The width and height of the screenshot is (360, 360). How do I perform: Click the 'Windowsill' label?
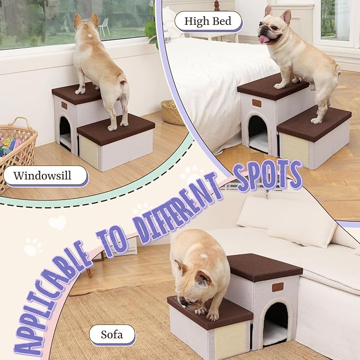(45, 175)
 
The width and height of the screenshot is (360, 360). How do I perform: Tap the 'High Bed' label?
(207, 21)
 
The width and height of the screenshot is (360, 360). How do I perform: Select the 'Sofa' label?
(111, 335)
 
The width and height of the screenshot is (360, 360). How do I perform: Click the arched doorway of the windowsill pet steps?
(65, 133)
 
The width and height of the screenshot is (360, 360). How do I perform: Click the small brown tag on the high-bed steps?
(257, 103)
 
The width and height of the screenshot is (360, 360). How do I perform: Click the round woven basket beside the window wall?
(172, 112)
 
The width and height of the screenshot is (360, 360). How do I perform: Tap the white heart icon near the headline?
(57, 222)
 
